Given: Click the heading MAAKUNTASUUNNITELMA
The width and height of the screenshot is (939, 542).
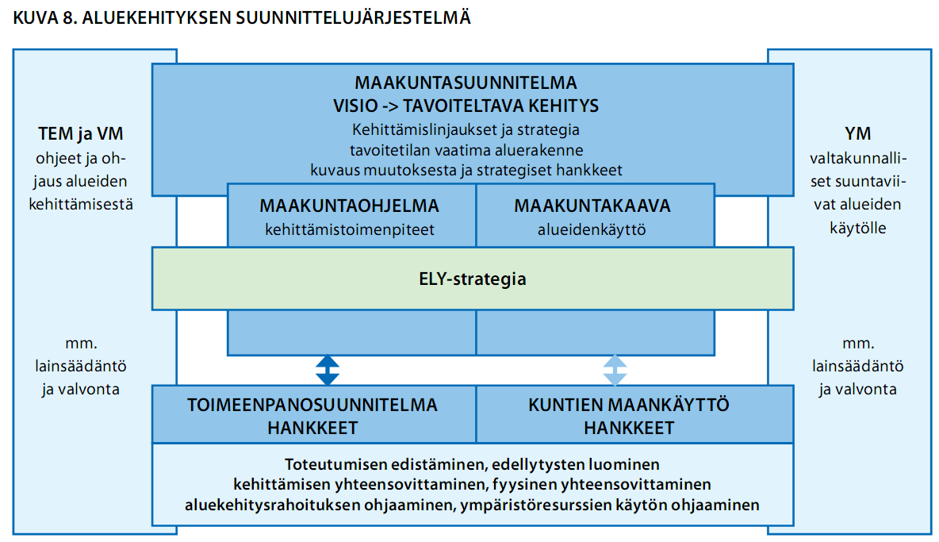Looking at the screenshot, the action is click(x=466, y=83).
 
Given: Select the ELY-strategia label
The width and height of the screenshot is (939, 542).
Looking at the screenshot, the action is click(x=473, y=279).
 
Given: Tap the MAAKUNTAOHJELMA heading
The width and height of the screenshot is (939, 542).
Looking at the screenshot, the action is click(x=349, y=206).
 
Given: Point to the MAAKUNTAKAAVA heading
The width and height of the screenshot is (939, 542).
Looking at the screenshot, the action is click(x=592, y=206).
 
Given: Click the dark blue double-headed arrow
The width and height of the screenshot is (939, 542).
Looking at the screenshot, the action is click(x=328, y=370).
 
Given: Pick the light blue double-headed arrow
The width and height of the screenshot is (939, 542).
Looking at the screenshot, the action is click(x=615, y=370).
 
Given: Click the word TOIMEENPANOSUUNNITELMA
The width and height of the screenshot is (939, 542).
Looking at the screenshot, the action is click(x=312, y=405).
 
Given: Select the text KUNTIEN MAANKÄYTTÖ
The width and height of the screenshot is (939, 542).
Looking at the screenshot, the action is click(x=629, y=405).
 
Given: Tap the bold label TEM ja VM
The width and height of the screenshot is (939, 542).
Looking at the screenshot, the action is click(x=81, y=134).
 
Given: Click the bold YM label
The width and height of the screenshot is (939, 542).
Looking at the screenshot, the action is click(x=857, y=134).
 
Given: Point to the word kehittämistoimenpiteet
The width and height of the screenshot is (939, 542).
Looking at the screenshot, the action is click(x=350, y=230).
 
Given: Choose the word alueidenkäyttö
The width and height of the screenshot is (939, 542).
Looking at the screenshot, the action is click(x=592, y=230).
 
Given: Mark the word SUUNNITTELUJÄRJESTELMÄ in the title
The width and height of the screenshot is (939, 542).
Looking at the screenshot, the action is click(x=354, y=17).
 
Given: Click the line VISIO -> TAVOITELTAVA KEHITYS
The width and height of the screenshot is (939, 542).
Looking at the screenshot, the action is click(x=466, y=106).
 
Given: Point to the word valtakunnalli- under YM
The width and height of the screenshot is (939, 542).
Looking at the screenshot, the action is click(x=858, y=159).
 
